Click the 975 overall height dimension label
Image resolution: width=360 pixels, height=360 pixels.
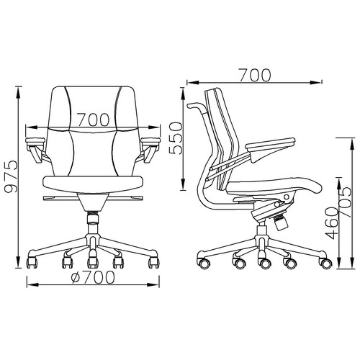pyautogui.click(x=12, y=176)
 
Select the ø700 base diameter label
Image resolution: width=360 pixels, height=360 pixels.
pyautogui.click(x=93, y=277)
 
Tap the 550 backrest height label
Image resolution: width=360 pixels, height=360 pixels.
pyautogui.click(x=176, y=138)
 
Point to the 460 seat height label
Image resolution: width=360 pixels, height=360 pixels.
pyautogui.click(x=333, y=223)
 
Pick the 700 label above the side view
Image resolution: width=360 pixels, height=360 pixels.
pyautogui.click(x=255, y=75)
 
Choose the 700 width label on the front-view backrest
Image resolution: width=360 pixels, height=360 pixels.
pyautogui.click(x=94, y=120)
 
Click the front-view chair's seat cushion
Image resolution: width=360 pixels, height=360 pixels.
pyautogui.click(x=93, y=184)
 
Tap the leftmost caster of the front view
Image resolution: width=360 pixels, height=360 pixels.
pyautogui.click(x=32, y=262)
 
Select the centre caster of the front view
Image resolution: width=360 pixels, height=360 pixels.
pyautogui.click(x=93, y=262)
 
